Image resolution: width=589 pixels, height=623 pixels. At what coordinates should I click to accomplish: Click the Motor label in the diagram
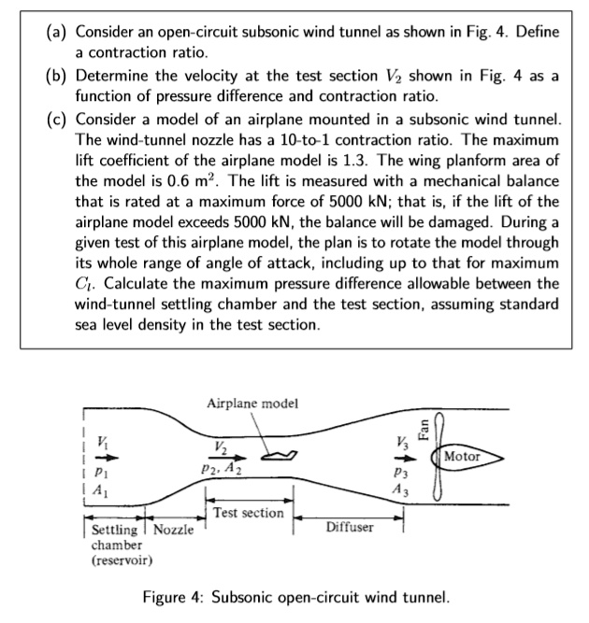tap(463, 457)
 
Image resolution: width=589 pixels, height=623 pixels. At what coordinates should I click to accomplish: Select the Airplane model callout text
tap(252, 404)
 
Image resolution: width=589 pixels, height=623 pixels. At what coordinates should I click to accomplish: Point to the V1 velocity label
tap(104, 443)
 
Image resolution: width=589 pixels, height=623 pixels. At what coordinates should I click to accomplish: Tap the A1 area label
tap(104, 494)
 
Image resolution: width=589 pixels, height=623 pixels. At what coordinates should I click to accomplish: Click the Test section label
tap(248, 513)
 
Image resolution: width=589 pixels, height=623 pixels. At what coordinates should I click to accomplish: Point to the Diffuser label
tap(349, 527)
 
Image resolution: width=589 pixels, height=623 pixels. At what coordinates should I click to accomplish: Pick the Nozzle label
tap(173, 530)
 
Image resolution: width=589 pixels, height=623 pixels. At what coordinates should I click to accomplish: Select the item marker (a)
tap(58, 33)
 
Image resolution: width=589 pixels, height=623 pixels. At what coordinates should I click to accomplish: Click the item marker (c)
tap(58, 120)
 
